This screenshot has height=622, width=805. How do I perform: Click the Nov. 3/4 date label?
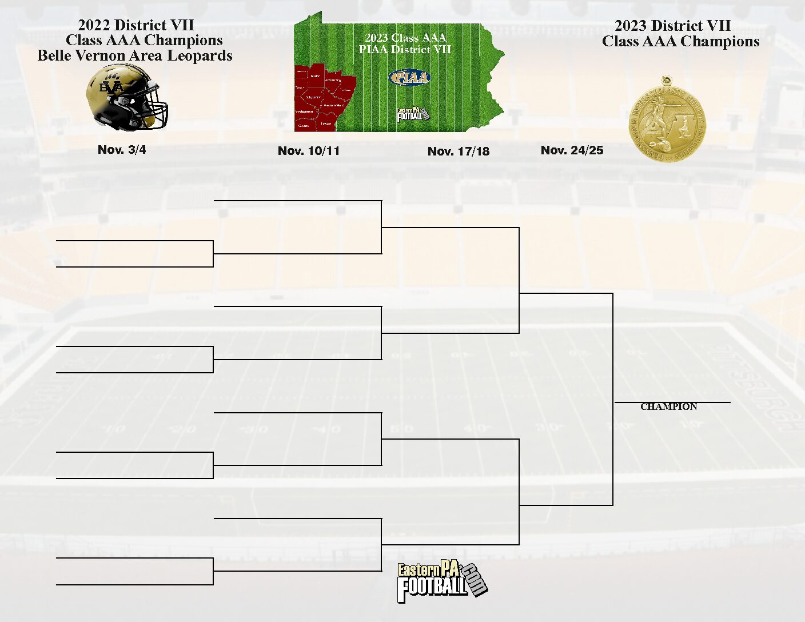122,150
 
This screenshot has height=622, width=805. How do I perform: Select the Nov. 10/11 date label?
309,151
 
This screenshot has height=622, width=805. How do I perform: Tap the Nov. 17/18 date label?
459,151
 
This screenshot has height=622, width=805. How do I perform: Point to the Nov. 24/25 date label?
572,150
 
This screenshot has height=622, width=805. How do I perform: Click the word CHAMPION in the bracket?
668,407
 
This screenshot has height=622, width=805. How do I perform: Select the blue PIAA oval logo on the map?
409,77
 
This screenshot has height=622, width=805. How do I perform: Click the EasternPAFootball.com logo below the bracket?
441,581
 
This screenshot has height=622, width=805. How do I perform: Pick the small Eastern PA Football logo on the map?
412,114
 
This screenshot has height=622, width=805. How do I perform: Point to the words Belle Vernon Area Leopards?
135,56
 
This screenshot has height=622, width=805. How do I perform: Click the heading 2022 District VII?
136,25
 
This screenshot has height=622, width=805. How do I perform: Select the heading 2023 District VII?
673,26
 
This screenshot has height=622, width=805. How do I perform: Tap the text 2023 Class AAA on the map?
405,38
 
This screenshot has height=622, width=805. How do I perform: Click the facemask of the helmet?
154,110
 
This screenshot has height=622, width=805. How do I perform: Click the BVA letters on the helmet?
111,87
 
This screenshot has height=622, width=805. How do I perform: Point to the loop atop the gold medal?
665,80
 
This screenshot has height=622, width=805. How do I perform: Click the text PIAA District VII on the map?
405,50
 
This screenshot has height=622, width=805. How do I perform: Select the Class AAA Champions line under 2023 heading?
680,42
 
